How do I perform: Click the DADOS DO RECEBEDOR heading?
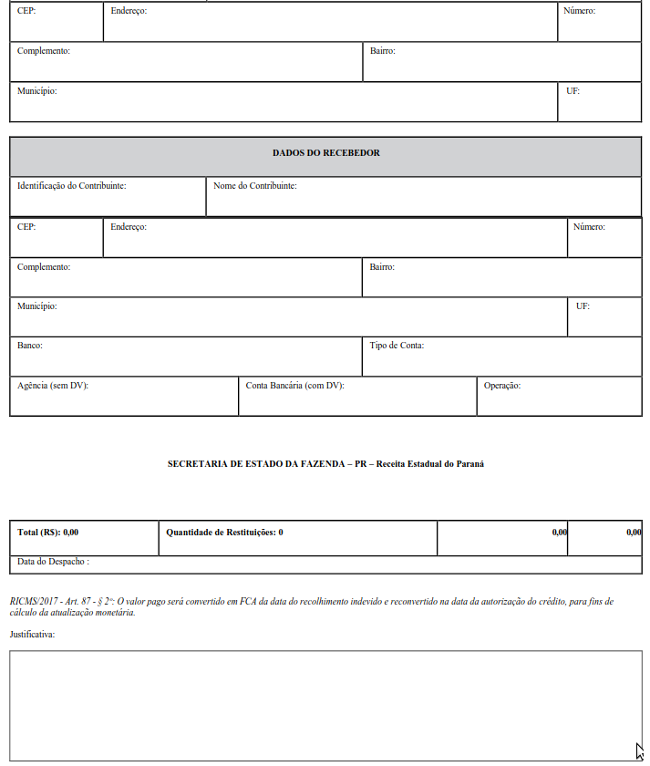[x=325, y=153]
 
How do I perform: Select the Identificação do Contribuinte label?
[x=71, y=186]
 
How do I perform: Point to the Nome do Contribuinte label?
[x=254, y=186]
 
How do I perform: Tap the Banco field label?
[x=30, y=346]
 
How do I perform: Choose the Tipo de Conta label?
[x=397, y=346]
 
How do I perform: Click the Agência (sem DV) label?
[x=53, y=386]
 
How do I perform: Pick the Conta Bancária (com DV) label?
[x=294, y=386]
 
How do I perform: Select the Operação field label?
[x=502, y=386]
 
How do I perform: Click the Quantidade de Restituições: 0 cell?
[x=224, y=532]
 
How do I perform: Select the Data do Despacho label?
[x=53, y=562]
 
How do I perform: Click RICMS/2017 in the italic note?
[x=32, y=602]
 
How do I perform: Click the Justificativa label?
[x=32, y=633]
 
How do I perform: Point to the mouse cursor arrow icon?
[x=640, y=751]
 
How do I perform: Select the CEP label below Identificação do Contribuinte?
[x=26, y=227]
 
